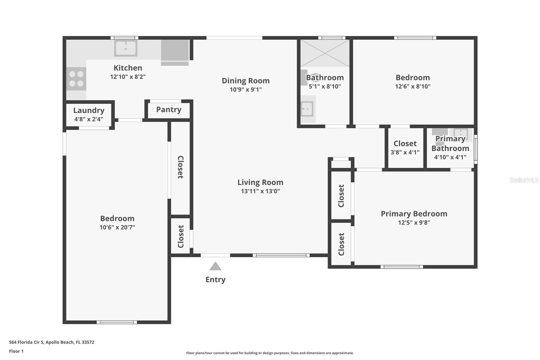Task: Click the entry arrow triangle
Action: click(215, 266)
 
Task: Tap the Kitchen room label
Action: click(128, 68)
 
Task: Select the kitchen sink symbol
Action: click(126, 48)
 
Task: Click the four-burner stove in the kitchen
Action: click(76, 79)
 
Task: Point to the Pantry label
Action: click(169, 109)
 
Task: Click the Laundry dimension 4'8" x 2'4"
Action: click(89, 119)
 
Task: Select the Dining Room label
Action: click(245, 81)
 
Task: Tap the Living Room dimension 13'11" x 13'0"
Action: click(260, 191)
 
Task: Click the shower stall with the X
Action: click(325, 53)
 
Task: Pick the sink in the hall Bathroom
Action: click(307, 109)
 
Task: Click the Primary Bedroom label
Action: click(414, 214)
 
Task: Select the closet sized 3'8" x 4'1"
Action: click(405, 148)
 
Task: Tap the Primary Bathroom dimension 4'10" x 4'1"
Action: click(450, 157)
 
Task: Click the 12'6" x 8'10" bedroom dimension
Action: click(413, 86)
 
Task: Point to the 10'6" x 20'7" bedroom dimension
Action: click(117, 227)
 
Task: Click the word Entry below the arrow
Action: click(215, 280)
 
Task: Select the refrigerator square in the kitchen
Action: click(174, 50)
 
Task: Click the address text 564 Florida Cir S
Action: click(26, 342)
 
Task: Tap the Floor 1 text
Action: click(16, 351)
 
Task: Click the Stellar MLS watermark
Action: click(524, 180)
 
